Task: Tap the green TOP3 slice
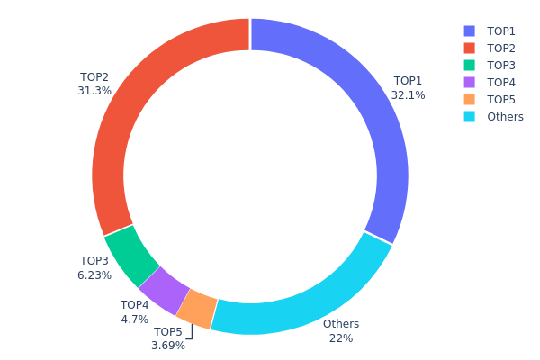point(131,251)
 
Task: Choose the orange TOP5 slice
point(197,309)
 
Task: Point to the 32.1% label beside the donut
point(409,95)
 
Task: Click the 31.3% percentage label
point(94,91)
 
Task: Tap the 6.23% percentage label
point(94,275)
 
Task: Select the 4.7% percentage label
point(134,319)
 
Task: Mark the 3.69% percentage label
point(168,345)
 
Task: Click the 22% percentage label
point(341,338)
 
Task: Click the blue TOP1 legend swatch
point(469,31)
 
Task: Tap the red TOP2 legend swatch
point(469,48)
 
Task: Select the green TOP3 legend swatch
point(469,65)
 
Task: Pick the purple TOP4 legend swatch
point(469,82)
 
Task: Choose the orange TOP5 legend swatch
point(469,99)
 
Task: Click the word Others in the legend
point(504,117)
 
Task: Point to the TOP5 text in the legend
point(501,99)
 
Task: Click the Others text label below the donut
point(341,324)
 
